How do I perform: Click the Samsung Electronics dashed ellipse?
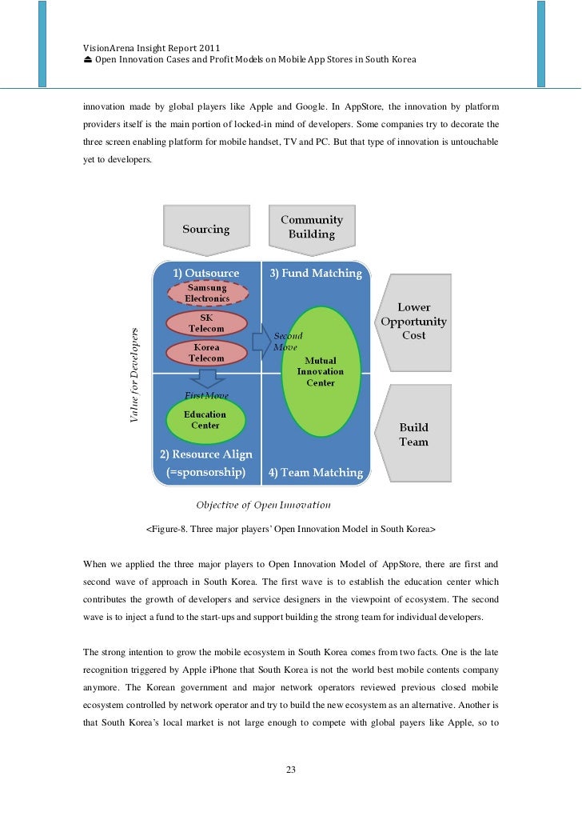[x=206, y=294]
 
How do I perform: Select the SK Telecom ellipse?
[x=206, y=323]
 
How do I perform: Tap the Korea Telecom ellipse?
[x=206, y=354]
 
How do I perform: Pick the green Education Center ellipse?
[x=205, y=419]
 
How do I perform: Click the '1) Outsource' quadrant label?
[x=205, y=274]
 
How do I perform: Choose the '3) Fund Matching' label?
[x=315, y=274]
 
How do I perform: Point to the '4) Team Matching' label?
[x=316, y=473]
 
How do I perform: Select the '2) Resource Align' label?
[x=205, y=454]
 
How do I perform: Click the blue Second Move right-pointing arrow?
[x=261, y=342]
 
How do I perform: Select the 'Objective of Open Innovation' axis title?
[x=263, y=505]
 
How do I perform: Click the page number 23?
[x=291, y=770]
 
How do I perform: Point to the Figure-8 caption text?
[x=290, y=530]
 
